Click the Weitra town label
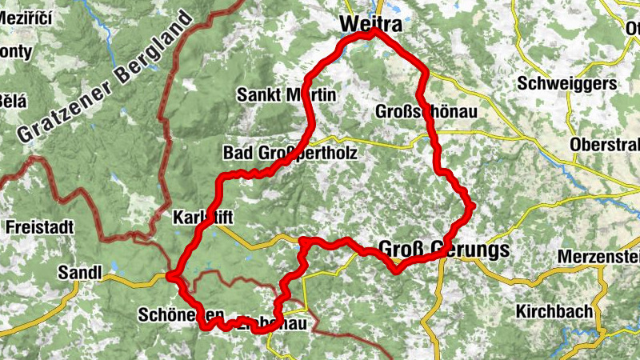[x=370, y=24]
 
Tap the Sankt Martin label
[x=286, y=95]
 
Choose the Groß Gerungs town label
[x=442, y=250]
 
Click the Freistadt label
[x=39, y=227]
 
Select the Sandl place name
[x=80, y=274]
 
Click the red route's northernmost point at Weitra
[x=373, y=32]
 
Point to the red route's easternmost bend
[x=473, y=207]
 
